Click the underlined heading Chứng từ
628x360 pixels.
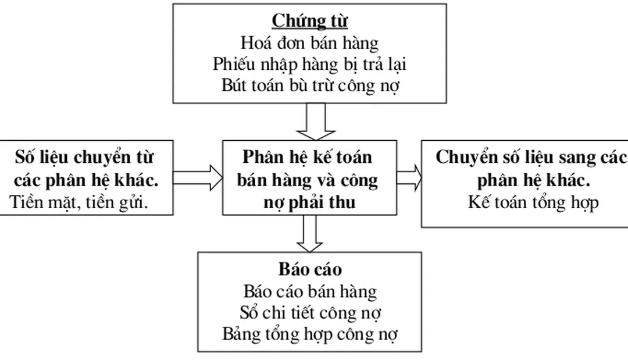tap(310, 21)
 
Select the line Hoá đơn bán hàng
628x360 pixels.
tap(309, 42)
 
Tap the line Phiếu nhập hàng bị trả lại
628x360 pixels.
tap(309, 63)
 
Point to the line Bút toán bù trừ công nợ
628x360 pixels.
tap(309, 84)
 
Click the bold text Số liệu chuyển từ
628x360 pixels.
tap(85, 157)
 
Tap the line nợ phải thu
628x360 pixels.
tap(309, 202)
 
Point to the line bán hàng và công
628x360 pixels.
tap(309, 180)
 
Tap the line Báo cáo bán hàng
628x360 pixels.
tap(309, 291)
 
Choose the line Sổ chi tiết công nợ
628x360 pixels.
tap(309, 312)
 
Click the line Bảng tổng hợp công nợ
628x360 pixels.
tap(309, 334)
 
